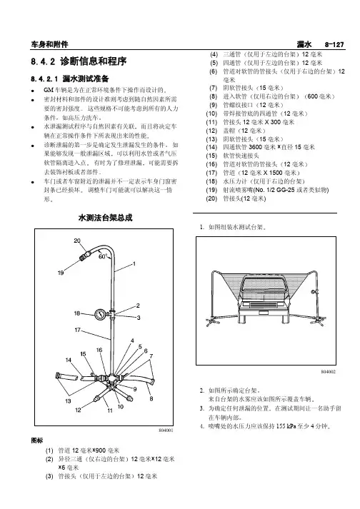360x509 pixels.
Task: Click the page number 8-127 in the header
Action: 334,44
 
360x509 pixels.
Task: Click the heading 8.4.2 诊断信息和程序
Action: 79,61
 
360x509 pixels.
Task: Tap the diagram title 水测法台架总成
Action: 105,218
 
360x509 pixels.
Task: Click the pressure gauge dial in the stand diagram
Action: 101,314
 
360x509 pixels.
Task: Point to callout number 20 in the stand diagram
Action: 77,241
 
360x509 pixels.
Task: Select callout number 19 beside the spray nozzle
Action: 61,273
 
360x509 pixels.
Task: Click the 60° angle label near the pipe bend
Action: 103,256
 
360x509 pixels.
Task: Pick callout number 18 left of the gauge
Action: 77,313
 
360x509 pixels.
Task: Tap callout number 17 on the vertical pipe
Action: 77,330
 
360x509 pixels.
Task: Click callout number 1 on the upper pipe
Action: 134,264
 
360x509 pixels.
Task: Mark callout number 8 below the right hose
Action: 151,398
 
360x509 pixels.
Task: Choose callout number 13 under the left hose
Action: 68,400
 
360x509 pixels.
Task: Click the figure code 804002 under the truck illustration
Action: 328,372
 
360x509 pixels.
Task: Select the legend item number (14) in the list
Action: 211,147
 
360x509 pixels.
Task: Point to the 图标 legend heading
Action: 36,440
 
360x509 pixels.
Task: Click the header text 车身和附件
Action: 49,44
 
